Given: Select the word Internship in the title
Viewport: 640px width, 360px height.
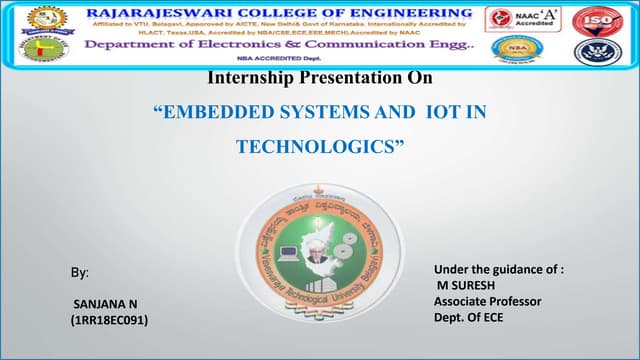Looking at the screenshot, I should click(250, 78).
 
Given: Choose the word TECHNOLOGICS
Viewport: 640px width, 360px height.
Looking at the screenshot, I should click(320, 147).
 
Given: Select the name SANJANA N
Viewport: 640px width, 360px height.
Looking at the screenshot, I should click(104, 301).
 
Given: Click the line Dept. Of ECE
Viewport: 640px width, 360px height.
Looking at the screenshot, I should click(470, 317).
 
